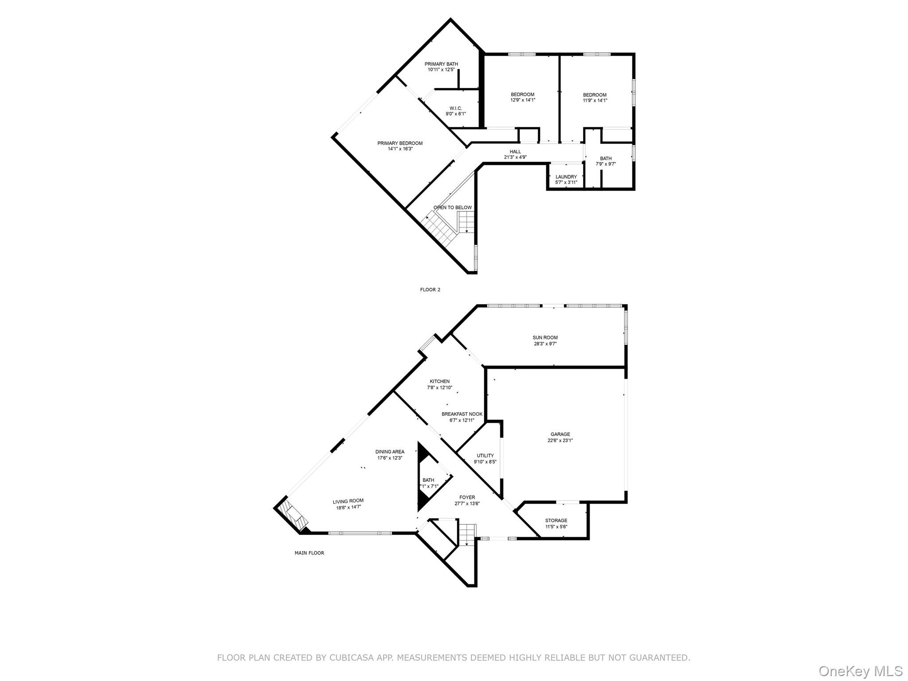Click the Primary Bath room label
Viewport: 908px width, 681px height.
[x=441, y=64]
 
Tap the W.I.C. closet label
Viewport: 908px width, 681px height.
[x=456, y=108]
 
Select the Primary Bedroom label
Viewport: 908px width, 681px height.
[x=400, y=143]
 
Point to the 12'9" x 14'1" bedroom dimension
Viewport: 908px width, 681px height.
[x=523, y=100]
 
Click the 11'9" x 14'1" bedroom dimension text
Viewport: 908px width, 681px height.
[x=595, y=101]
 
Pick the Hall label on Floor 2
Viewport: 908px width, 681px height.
[x=515, y=152]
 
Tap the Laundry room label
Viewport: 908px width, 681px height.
[x=566, y=177]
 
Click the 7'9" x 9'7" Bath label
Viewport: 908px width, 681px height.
[x=606, y=159]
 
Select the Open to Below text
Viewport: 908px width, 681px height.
[x=453, y=207]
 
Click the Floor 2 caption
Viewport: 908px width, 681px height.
[x=430, y=290]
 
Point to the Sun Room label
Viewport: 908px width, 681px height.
[x=545, y=338]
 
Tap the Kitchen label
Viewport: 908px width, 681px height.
[x=440, y=381]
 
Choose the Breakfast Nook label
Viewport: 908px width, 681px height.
[x=462, y=414]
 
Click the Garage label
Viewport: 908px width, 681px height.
[x=560, y=434]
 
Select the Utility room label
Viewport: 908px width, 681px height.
[x=485, y=456]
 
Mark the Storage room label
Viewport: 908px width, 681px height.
[x=556, y=521]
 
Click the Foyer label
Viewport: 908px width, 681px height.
[x=467, y=497]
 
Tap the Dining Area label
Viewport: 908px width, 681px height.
[x=390, y=452]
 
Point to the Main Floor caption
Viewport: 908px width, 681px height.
[x=309, y=553]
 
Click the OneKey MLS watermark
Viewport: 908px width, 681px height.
[x=861, y=671]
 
